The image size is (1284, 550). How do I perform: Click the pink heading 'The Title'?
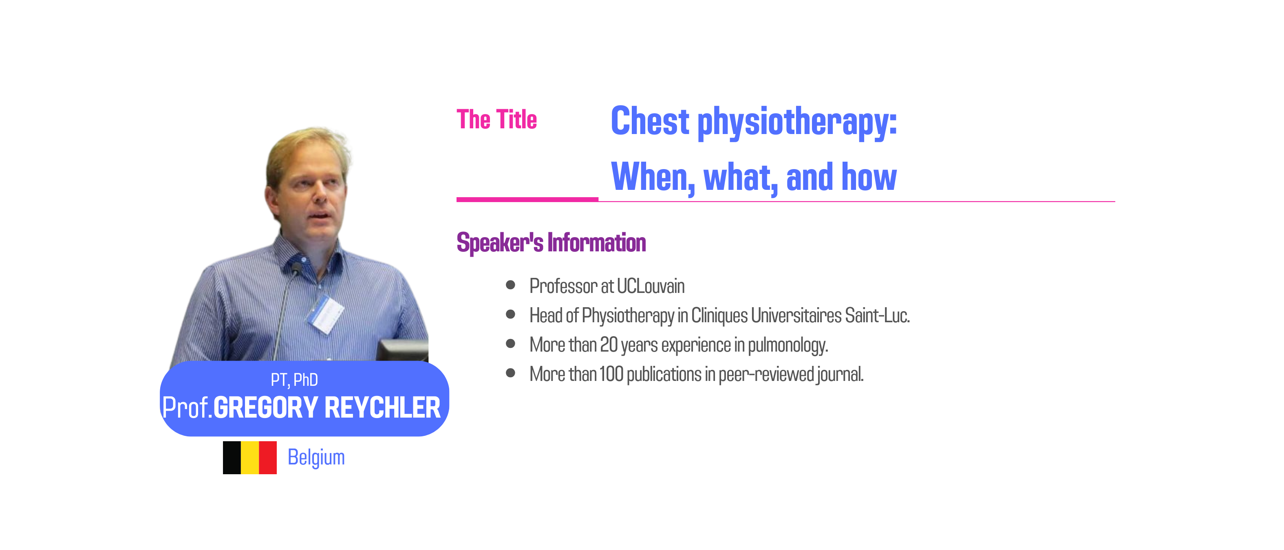496,119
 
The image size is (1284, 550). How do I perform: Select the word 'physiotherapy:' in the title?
797,123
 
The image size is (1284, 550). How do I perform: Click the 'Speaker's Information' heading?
551,243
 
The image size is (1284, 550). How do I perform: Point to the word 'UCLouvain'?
651,286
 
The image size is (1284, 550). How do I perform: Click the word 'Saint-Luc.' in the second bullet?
877,315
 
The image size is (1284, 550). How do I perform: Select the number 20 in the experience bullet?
609,345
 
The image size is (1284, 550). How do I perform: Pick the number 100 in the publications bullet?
611,374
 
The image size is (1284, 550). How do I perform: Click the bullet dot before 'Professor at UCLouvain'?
510,285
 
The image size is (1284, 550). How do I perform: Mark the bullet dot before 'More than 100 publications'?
510,373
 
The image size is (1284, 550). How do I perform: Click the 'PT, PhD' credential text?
294,380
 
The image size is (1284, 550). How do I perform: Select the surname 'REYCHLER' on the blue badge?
382,407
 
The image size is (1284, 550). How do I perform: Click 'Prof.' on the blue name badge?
188,407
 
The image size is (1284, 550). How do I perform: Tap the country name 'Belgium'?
316,458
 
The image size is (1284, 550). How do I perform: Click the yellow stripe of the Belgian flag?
250,458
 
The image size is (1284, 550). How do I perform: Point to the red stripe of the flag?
268,458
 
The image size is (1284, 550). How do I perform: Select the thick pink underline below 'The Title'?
527,199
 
